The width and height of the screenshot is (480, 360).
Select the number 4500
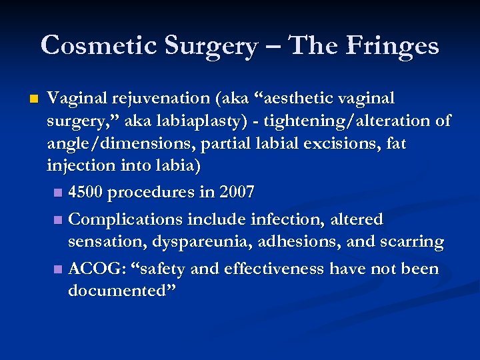point(85,193)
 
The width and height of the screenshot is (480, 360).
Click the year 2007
point(237,193)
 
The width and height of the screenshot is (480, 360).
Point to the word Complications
point(127,219)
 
